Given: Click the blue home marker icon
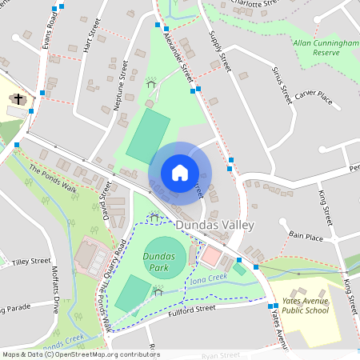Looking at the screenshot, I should [x=180, y=173].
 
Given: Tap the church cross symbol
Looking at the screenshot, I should [x=19, y=99].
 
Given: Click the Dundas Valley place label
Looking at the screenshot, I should [x=214, y=226].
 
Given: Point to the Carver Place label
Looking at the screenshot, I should [x=313, y=95].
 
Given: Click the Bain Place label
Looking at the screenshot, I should [x=306, y=237].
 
